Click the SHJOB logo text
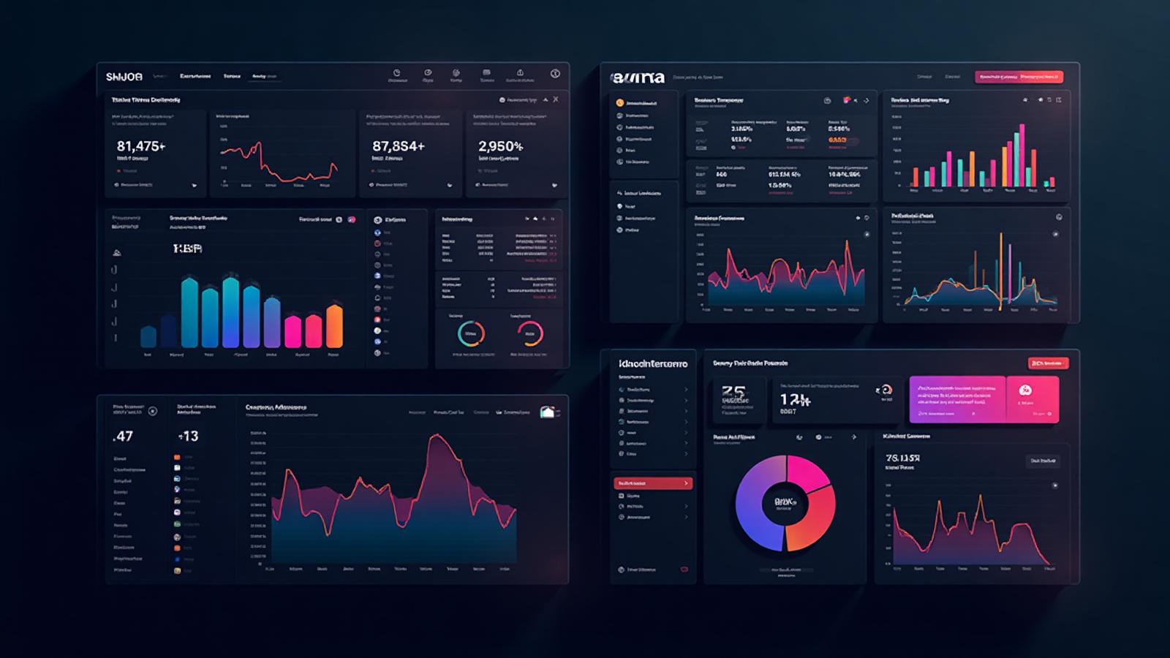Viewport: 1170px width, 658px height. (124, 77)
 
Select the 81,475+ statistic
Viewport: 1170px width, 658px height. (140, 146)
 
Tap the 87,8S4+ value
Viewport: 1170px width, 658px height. (398, 146)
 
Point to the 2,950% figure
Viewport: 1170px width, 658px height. (500, 146)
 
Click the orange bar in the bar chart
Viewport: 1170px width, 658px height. (334, 326)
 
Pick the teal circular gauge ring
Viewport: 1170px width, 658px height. (471, 333)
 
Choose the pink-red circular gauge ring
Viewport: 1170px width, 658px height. (530, 333)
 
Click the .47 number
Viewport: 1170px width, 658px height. (123, 436)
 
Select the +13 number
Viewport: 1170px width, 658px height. (188, 436)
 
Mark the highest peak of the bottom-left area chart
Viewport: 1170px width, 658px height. (437, 436)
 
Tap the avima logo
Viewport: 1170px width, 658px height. (637, 77)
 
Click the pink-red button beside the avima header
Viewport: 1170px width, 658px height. (1019, 76)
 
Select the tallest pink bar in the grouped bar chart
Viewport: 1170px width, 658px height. (1022, 155)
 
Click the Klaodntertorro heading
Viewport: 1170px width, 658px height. (652, 363)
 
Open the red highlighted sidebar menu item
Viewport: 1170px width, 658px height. (652, 483)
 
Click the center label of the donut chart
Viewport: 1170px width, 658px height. (785, 503)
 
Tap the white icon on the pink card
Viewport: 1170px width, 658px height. (1024, 390)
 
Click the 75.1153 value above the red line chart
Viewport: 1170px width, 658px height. (902, 458)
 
